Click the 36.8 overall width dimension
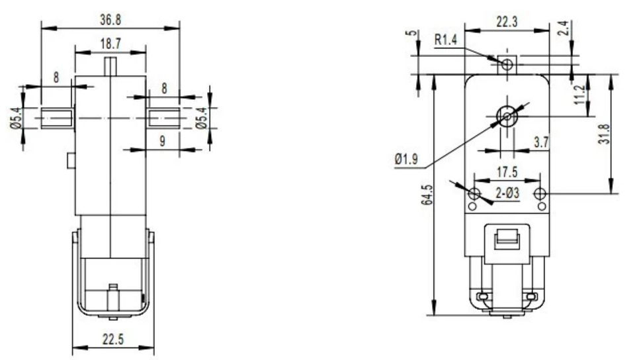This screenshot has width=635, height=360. click(110, 21)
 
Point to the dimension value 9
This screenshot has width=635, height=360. click(161, 140)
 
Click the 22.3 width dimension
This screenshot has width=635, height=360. click(507, 22)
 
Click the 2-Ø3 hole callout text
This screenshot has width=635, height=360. click(507, 194)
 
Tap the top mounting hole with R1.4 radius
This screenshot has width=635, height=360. click(507, 64)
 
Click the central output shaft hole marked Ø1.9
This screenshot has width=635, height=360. click(507, 117)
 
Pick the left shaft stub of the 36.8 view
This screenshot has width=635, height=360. click(57, 118)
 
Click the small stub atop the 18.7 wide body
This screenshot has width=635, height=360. click(110, 66)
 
